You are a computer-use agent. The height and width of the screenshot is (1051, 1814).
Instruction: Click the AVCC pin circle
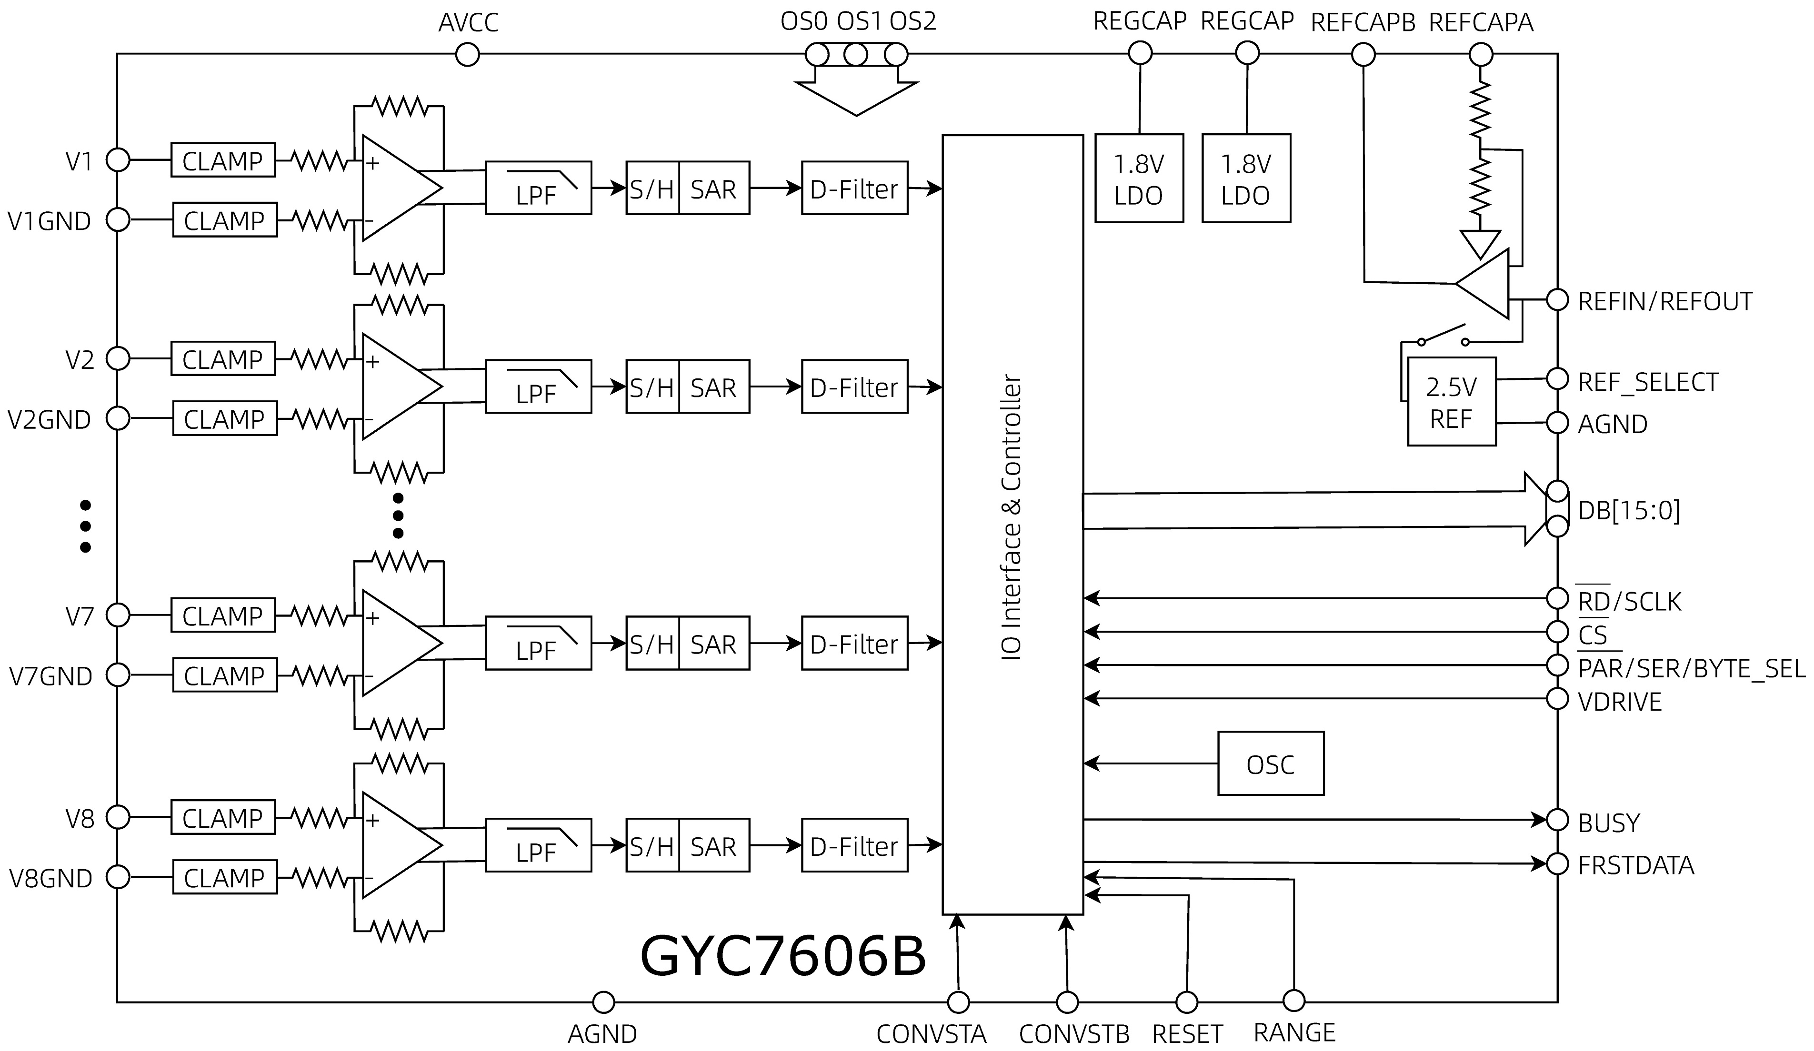(467, 54)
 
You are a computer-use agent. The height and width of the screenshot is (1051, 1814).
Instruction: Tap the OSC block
(1271, 764)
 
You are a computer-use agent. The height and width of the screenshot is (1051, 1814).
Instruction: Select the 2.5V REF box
(1451, 402)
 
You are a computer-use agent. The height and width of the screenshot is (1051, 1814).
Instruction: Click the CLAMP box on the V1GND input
(225, 220)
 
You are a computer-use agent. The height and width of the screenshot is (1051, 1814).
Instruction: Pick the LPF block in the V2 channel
(539, 387)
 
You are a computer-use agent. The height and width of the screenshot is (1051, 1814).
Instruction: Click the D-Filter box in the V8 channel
(854, 846)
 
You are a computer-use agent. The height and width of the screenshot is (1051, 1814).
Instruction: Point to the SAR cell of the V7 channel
(713, 644)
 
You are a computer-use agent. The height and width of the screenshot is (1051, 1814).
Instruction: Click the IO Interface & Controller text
(1012, 517)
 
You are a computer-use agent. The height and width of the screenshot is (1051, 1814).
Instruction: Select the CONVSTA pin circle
(958, 1002)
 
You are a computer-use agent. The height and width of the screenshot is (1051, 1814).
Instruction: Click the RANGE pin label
(1294, 1033)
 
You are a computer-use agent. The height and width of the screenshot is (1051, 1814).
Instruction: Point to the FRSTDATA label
(1635, 865)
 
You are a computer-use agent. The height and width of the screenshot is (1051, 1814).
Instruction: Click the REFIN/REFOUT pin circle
(1557, 300)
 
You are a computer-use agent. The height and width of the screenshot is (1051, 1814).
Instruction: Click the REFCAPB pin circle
(1363, 54)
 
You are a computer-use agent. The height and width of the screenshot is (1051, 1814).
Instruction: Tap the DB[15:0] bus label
(1628, 511)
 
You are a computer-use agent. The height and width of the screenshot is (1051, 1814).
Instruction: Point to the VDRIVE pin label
(1620, 702)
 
